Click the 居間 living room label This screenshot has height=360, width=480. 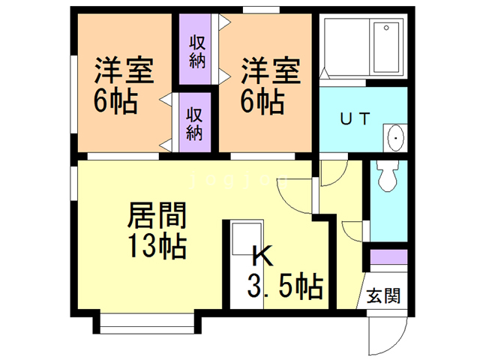tap(157, 215)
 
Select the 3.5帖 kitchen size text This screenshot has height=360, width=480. tap(285, 285)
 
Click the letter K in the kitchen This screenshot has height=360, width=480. tap(262, 256)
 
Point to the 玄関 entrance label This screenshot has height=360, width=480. tap(383, 295)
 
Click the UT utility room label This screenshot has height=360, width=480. tap(355, 118)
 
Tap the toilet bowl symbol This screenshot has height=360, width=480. tap(388, 176)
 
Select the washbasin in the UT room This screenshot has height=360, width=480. tap(395, 138)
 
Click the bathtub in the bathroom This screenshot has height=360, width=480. tap(386, 47)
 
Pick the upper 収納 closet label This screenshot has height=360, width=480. tap(197, 52)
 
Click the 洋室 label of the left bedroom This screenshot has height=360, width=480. tap(124, 70)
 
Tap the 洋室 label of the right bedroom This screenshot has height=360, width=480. tap(271, 70)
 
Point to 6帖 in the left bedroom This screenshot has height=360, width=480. tap(115, 101)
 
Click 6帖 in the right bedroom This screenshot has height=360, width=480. tap(262, 101)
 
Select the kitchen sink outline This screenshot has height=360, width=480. tap(247, 238)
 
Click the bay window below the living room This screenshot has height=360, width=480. tap(147, 322)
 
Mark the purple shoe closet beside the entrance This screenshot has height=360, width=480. tap(388, 256)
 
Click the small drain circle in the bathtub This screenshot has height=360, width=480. tap(386, 28)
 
